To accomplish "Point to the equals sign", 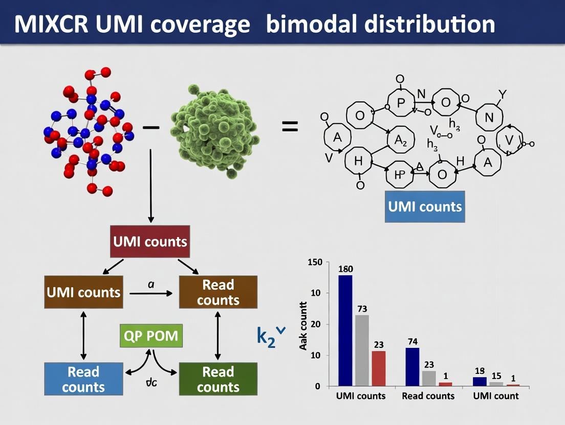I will point(290,126).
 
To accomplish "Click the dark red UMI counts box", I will point(149,241).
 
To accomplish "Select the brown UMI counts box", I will point(83,292).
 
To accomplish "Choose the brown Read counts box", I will point(218,292).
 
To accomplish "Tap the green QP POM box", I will point(151,336).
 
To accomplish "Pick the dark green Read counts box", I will point(218,379).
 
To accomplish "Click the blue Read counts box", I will point(83,379).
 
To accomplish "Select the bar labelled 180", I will point(345,330).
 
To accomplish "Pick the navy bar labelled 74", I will point(412,366).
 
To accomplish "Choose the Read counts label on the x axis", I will point(428,396).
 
